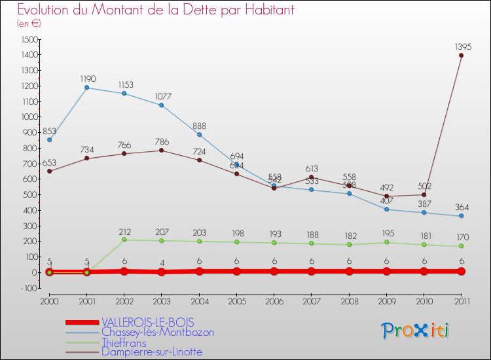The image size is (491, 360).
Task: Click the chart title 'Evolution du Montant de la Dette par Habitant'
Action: coord(156,10)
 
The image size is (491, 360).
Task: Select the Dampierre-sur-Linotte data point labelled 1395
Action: coord(462,56)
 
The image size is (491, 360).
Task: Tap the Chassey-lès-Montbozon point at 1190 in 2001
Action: coord(86,88)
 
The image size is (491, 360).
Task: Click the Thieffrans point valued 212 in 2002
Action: coord(124,240)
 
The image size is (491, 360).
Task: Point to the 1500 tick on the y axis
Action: coord(28,39)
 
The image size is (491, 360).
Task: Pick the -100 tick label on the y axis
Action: coord(27,288)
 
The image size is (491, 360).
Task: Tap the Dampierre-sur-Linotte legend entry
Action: coord(152,351)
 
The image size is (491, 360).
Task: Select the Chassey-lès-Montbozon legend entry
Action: coord(158,332)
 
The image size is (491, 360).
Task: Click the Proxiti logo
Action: coord(416,331)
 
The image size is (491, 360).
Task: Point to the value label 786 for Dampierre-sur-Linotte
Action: coord(162,141)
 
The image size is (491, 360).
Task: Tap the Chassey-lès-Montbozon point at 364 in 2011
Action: coord(462,216)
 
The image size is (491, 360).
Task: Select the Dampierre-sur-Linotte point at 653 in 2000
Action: coord(49,171)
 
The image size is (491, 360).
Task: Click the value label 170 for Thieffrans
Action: coord(463,237)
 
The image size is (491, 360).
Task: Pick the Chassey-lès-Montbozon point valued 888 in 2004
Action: coord(199,135)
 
